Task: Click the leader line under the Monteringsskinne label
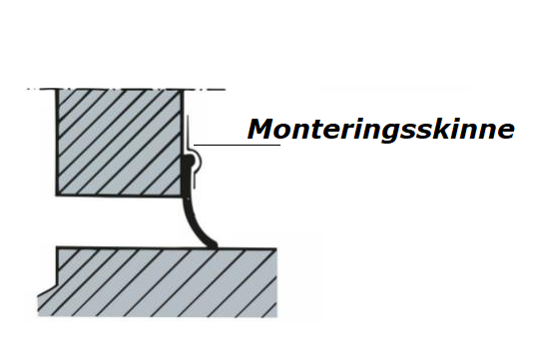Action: tap(237, 145)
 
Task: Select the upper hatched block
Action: tap(119, 143)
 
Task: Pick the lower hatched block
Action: tap(158, 281)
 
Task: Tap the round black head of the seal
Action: tap(189, 160)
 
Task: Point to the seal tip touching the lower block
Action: tap(213, 245)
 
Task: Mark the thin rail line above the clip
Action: tap(188, 132)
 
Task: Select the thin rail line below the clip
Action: tap(195, 180)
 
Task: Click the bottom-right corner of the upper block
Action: tap(183, 195)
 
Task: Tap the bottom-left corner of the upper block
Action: tap(57, 195)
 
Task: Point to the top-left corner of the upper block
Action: tap(57, 89)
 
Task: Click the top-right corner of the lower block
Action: tap(276, 248)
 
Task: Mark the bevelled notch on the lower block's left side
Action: tap(47, 289)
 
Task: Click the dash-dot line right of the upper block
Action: tap(205, 89)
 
